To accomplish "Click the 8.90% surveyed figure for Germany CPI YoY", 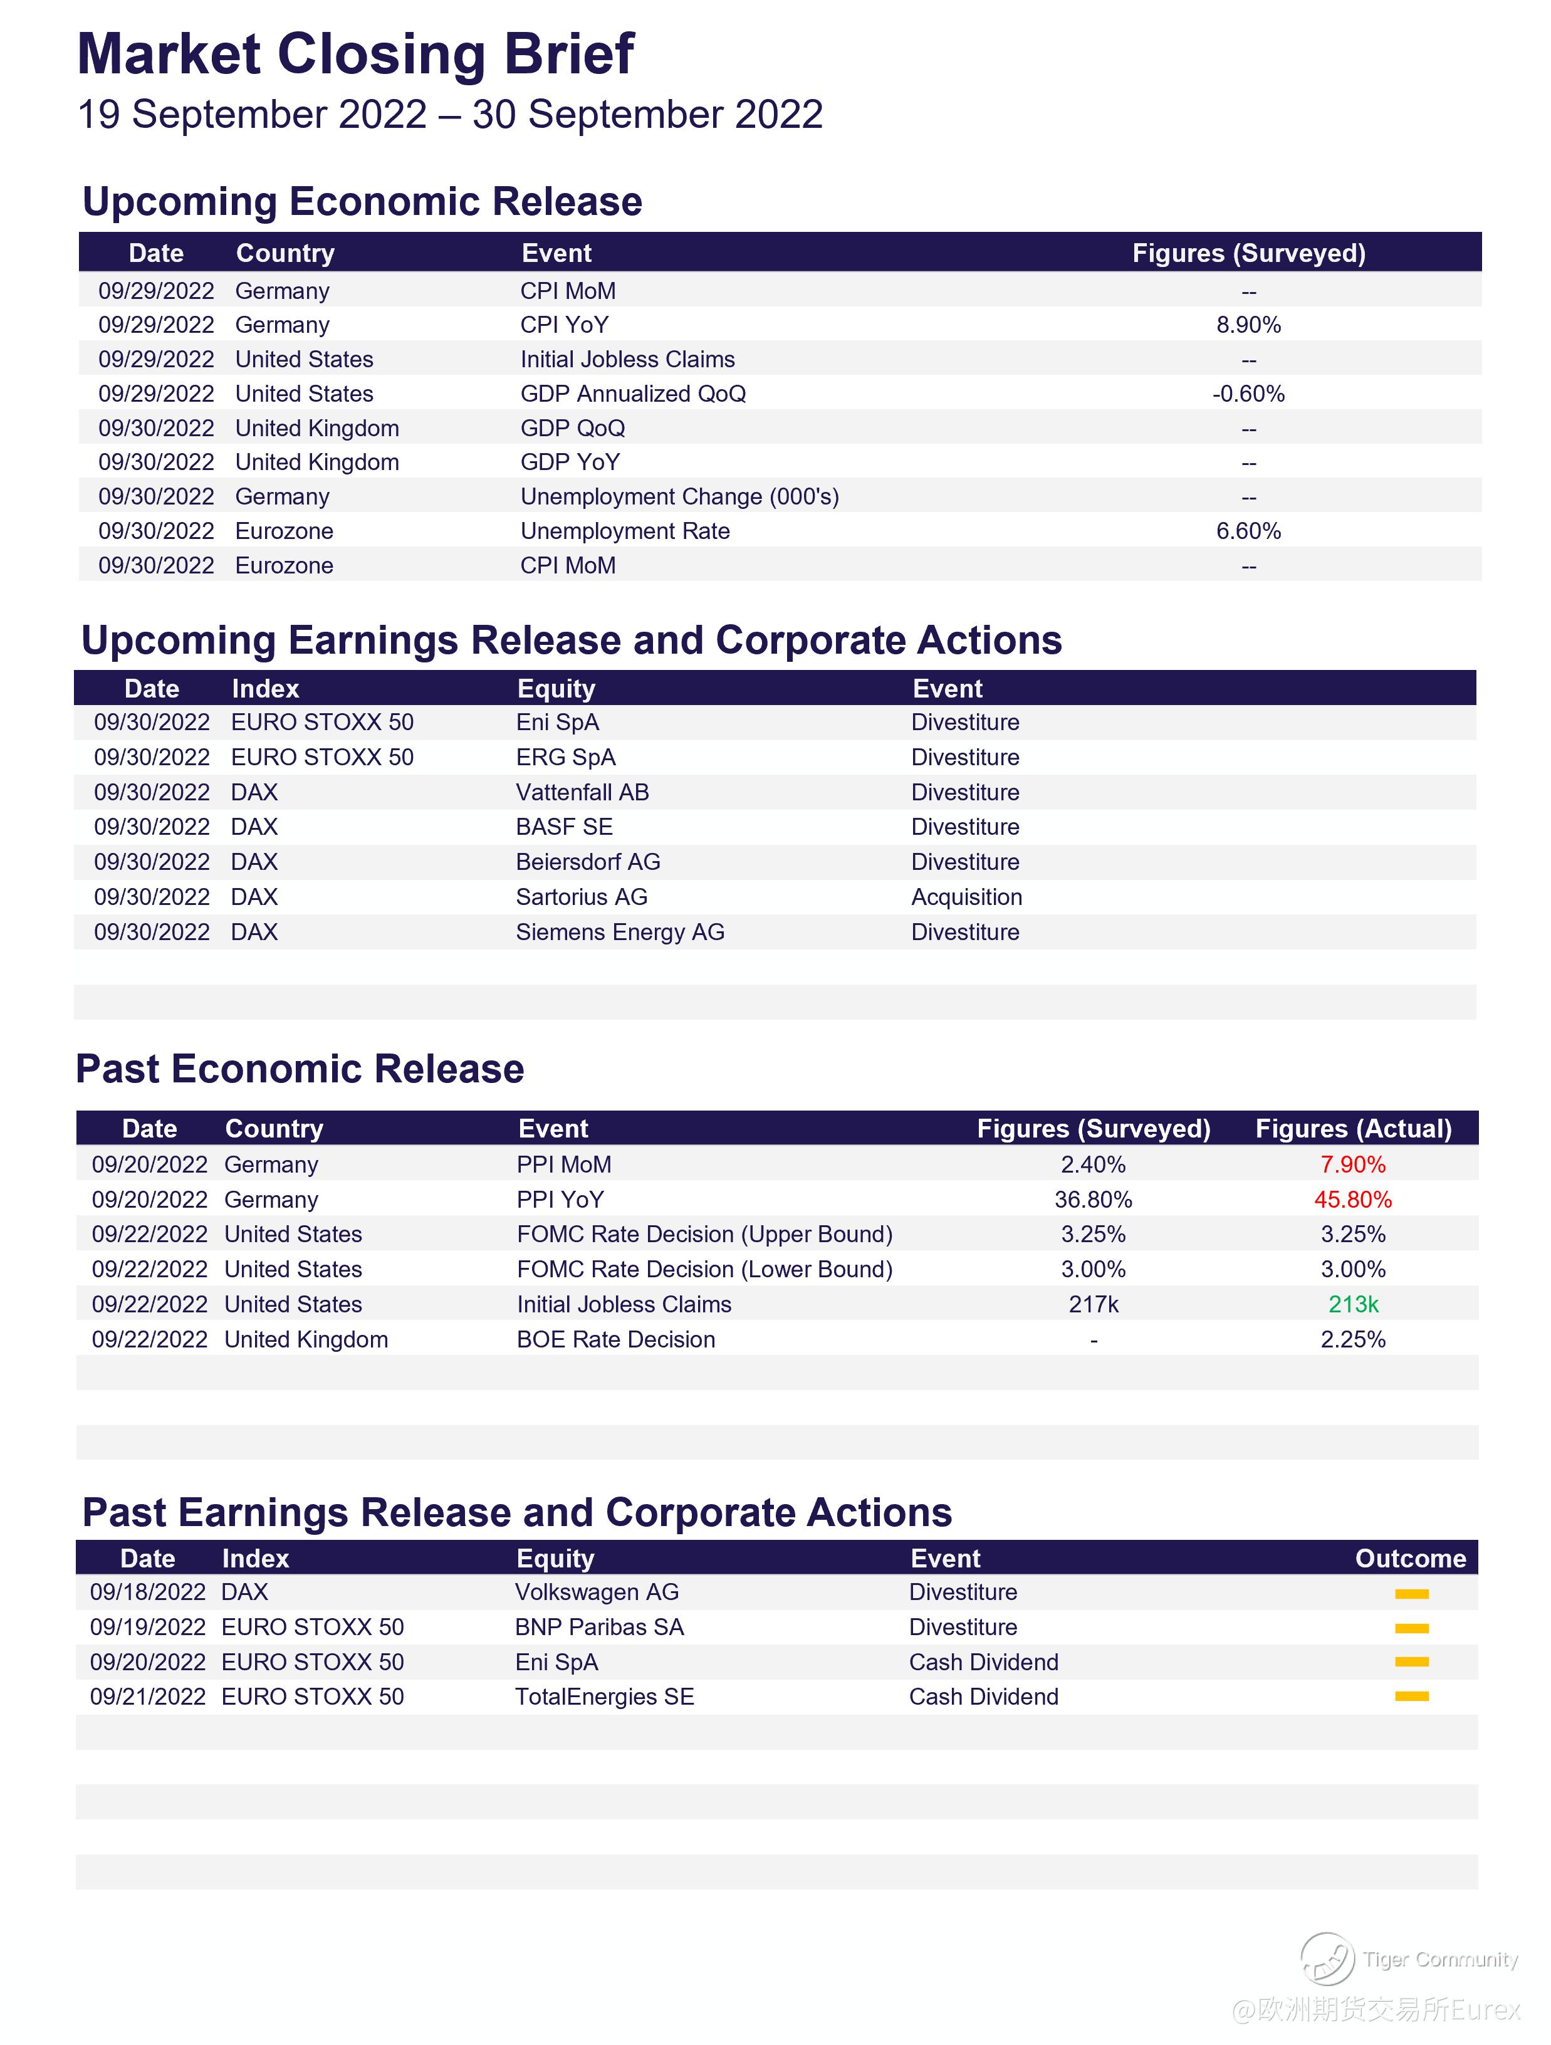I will [x=1248, y=325].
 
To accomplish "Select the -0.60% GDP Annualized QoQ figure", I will [x=1248, y=394].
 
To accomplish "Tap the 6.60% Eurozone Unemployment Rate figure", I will [x=1248, y=531].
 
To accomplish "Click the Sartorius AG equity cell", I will [x=582, y=897].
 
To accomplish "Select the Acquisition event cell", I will [x=966, y=897].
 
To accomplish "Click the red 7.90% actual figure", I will [x=1352, y=1165].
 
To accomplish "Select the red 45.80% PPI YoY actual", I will [x=1352, y=1200].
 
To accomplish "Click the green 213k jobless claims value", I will [x=1352, y=1304].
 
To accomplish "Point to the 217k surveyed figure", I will [x=1094, y=1304].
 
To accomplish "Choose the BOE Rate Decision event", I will [x=615, y=1339].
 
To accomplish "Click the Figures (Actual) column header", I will [x=1352, y=1129].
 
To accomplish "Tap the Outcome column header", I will [x=1409, y=1559].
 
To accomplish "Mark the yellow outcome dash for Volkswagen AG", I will [x=1411, y=1594].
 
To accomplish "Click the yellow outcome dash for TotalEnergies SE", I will [x=1411, y=1697].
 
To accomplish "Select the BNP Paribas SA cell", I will [x=599, y=1627].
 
